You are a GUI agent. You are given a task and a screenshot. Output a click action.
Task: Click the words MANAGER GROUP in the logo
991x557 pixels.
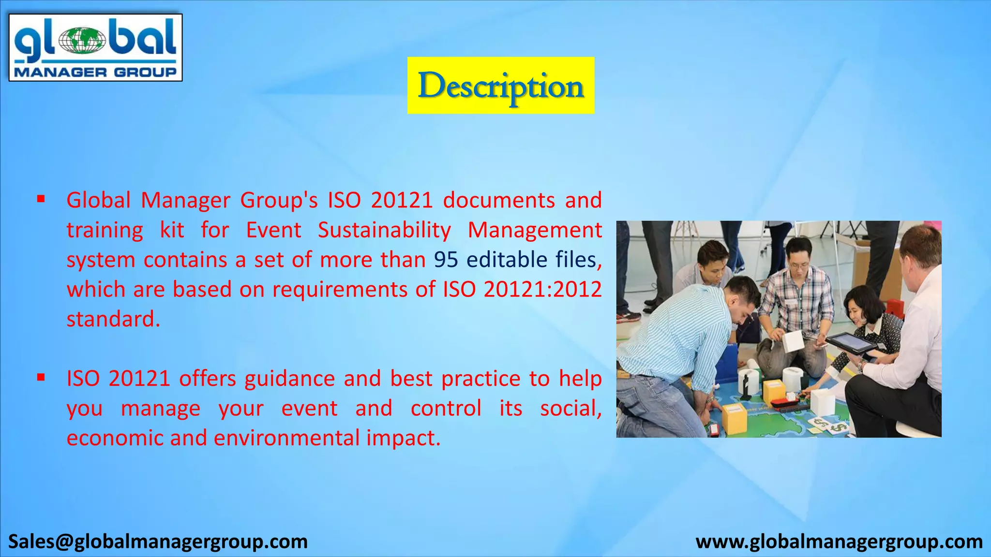[x=95, y=73]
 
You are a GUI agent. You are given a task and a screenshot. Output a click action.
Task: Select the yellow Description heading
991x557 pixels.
[x=500, y=86]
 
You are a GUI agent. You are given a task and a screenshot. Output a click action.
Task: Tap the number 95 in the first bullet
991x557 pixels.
[x=446, y=260]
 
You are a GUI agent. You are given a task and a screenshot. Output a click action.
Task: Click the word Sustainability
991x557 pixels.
[x=384, y=230]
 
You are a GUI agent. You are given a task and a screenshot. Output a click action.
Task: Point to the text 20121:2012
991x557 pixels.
[x=542, y=289]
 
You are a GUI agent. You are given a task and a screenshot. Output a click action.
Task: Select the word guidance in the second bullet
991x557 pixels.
[x=289, y=379]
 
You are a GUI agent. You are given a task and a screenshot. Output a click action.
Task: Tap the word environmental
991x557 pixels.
[x=287, y=438]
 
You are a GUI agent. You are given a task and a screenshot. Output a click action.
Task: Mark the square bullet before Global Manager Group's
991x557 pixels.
[x=41, y=198]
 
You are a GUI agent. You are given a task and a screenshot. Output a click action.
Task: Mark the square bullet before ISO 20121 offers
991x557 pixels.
[x=41, y=377]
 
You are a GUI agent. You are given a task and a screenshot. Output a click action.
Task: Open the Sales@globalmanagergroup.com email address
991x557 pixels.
[x=158, y=542]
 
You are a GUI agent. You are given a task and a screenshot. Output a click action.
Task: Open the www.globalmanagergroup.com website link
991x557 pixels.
[x=839, y=542]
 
